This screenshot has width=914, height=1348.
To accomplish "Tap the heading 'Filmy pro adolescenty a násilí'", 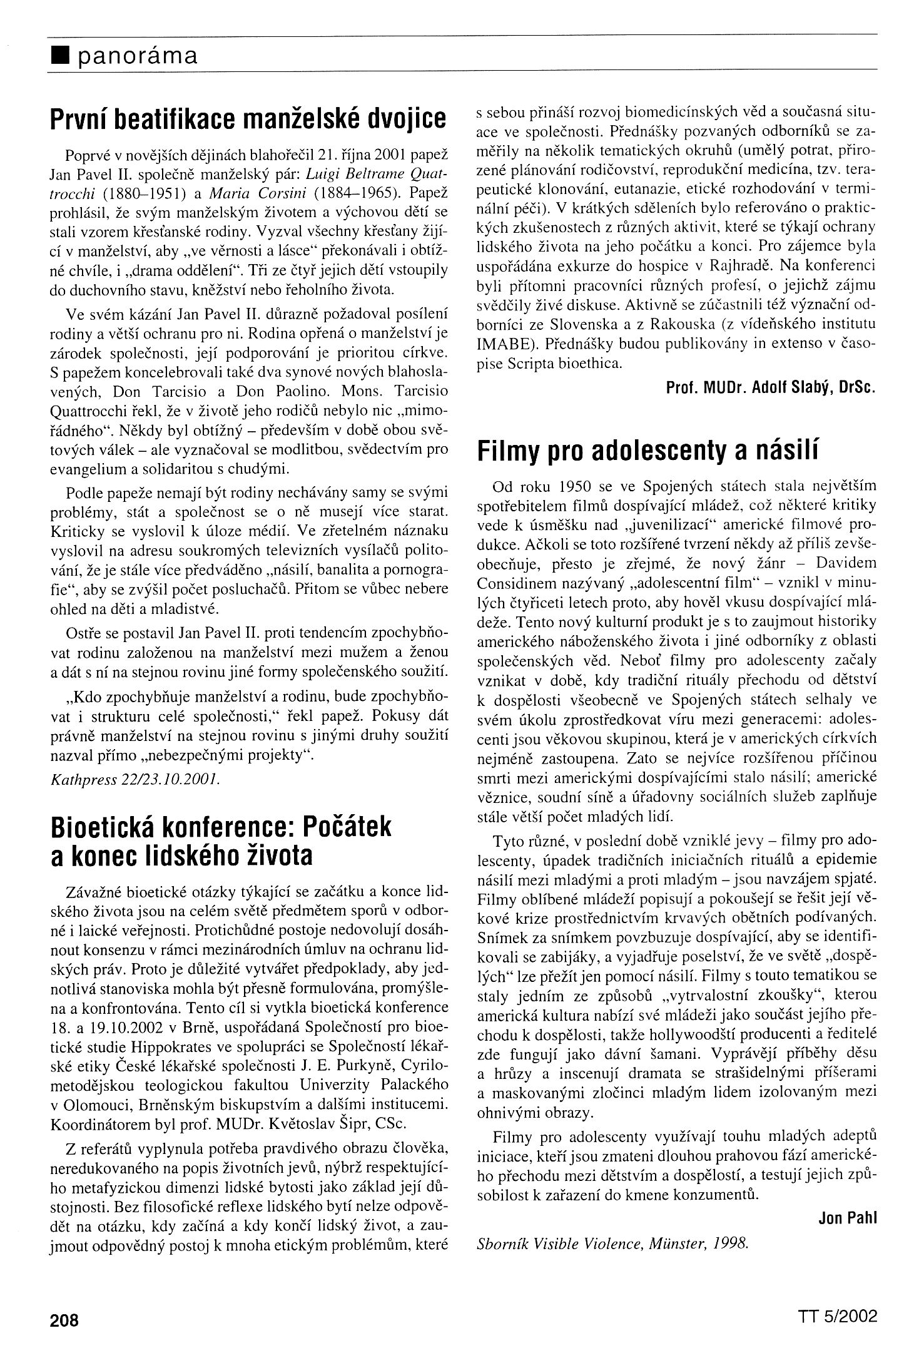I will pyautogui.click(x=647, y=451).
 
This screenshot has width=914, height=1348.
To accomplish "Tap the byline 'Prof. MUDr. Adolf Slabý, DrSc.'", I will pyautogui.click(x=769, y=387).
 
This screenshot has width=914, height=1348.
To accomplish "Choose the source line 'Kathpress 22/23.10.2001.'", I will pyautogui.click(x=124, y=779).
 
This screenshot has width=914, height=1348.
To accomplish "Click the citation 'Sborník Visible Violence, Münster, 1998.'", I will pyautogui.click(x=612, y=1225).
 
